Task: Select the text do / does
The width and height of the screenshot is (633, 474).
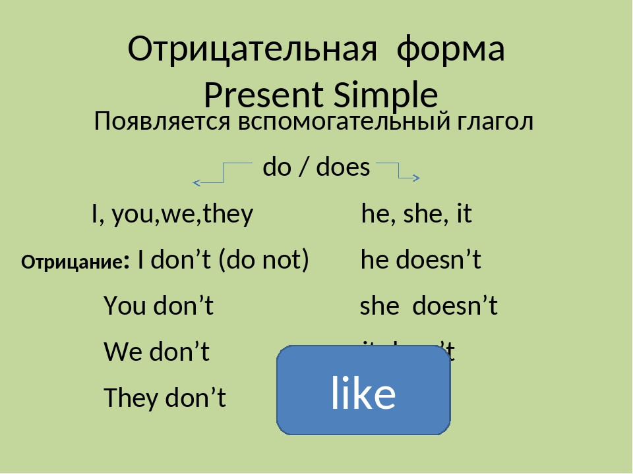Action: click(316, 168)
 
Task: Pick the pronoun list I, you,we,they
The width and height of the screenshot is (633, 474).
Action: click(172, 214)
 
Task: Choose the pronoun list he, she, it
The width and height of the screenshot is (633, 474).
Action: click(417, 214)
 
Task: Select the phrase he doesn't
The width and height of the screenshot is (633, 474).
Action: click(421, 261)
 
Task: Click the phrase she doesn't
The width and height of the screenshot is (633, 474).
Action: click(428, 306)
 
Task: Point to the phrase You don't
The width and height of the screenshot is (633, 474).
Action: click(158, 306)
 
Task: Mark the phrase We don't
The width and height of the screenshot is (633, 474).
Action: click(157, 352)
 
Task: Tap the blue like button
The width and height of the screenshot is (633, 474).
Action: click(363, 391)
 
